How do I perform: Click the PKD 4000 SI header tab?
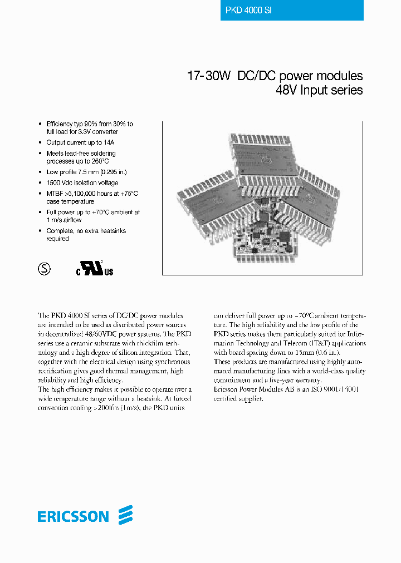pos(292,11)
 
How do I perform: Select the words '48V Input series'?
pos(320,90)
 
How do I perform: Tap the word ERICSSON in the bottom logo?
pos(73,517)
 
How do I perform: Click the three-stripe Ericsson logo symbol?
pos(125,515)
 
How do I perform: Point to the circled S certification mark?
pos(43,269)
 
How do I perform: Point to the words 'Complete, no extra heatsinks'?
pos(85,230)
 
